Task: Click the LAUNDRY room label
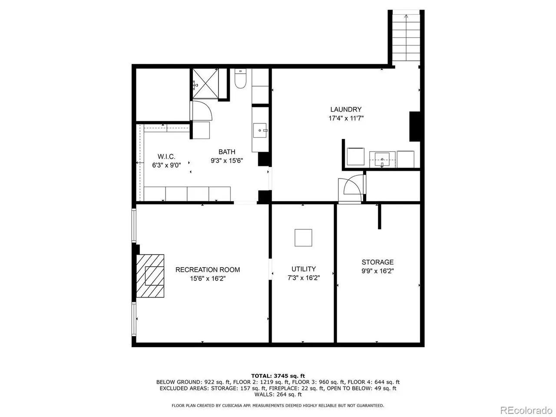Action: point(345,109)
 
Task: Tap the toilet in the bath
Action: point(240,78)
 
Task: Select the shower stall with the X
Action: point(205,83)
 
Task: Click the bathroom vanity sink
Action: point(260,130)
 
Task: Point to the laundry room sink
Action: point(382,159)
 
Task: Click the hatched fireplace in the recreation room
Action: point(150,276)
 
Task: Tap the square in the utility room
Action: point(303,238)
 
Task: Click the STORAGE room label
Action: point(377,262)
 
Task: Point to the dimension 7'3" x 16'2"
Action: point(304,278)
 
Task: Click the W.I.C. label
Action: point(166,156)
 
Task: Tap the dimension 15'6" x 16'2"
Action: point(208,278)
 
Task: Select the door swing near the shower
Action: point(202,111)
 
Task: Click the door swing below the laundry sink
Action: point(353,185)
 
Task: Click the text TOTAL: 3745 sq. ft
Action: point(278,376)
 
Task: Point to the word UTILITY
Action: point(304,269)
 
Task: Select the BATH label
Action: point(227,152)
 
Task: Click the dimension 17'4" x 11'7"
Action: point(346,118)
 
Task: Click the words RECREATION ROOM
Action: point(208,270)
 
